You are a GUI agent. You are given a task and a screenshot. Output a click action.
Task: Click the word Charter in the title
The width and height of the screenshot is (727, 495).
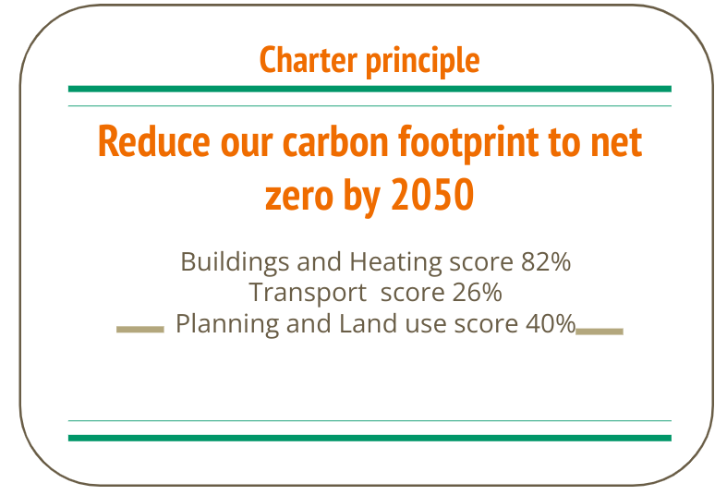309,59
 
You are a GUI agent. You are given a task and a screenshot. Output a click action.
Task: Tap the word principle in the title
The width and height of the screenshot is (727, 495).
422,62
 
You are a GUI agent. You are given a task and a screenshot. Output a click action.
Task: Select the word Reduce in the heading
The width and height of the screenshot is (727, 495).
154,141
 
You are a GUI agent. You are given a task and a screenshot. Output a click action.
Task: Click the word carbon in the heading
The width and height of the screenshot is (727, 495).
335,141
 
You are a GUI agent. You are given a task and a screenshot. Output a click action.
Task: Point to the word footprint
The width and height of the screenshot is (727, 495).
468,144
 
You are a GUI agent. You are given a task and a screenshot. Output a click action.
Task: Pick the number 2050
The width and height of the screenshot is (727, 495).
432,194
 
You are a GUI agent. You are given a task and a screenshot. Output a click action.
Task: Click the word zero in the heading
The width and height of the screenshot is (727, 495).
299,197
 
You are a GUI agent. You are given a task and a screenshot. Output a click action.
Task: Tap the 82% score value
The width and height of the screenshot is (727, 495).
546,262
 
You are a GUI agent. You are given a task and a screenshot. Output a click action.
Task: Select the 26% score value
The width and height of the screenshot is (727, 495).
477,293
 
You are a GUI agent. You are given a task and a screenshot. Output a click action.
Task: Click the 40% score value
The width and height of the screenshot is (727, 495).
551,323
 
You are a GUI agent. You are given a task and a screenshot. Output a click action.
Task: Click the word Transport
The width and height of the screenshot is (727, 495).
308,294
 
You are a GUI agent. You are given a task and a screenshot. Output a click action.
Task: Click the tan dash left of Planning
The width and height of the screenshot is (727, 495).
140,330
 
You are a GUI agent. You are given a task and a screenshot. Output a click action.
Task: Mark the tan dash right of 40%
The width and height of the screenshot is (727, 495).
600,332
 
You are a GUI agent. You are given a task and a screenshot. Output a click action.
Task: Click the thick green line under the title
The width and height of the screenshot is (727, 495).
370,89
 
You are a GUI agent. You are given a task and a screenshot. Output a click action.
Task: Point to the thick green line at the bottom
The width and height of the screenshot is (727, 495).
370,438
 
